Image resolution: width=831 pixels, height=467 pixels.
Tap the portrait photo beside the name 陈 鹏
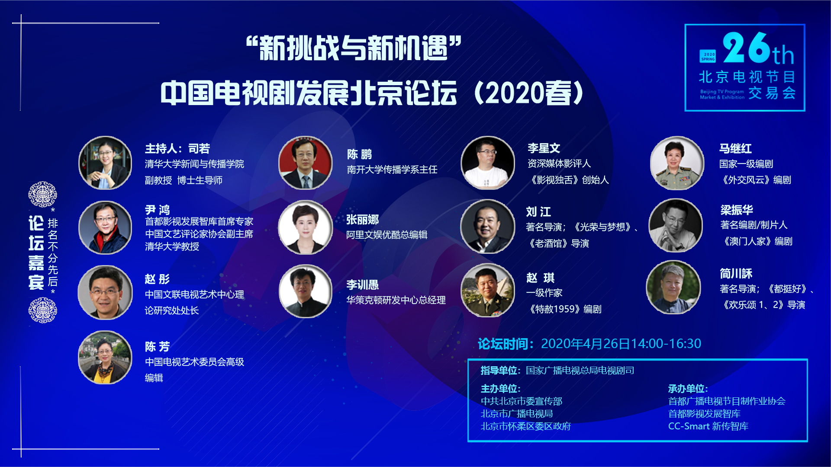tap(306, 163)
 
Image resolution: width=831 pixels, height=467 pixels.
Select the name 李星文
tap(544, 148)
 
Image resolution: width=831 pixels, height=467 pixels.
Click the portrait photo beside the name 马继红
tap(677, 163)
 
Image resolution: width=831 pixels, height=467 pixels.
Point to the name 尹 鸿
tap(157, 210)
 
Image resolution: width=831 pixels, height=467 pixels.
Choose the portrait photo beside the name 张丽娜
tap(306, 227)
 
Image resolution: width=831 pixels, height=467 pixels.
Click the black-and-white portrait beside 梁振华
tap(676, 225)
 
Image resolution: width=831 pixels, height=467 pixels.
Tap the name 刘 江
tap(538, 212)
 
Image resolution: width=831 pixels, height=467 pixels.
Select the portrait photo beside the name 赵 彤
tap(105, 292)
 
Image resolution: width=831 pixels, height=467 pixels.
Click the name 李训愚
tap(363, 285)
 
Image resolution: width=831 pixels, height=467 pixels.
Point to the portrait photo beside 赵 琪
tap(488, 290)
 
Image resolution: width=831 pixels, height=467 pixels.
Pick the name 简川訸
tap(736, 274)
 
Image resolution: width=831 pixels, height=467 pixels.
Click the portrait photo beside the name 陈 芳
tap(105, 357)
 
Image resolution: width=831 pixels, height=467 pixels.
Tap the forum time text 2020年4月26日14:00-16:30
tap(621, 344)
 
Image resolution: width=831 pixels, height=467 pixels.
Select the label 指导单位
tap(499, 371)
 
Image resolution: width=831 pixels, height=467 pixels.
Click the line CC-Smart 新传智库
tap(708, 426)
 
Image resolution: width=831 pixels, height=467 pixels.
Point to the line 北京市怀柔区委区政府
tap(526, 426)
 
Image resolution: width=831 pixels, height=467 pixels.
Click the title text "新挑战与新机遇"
tap(354, 48)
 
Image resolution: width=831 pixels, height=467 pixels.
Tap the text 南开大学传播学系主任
tap(392, 170)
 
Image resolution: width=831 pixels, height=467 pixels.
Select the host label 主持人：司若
tap(177, 149)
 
